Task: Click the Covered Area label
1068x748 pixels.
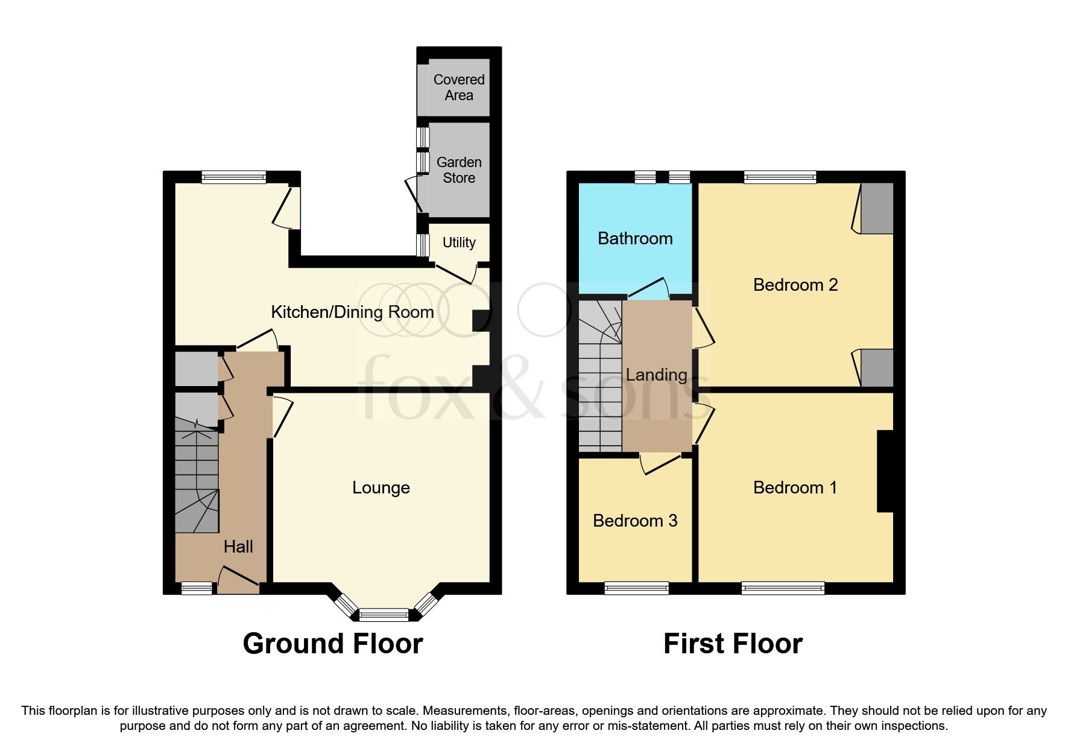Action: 458,87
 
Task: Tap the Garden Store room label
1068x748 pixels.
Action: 458,170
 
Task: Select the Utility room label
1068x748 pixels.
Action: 458,242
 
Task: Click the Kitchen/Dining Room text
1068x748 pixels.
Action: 352,312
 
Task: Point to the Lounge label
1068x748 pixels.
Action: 381,487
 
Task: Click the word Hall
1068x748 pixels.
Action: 238,547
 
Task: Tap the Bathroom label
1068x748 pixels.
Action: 634,238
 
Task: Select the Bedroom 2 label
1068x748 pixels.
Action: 795,285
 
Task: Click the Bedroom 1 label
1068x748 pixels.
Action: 795,487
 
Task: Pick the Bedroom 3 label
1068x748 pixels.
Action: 634,521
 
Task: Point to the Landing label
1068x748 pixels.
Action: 656,375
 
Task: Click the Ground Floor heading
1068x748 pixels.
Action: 332,644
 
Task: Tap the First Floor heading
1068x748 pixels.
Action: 732,644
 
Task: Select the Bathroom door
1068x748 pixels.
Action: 649,288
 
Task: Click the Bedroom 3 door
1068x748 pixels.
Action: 660,465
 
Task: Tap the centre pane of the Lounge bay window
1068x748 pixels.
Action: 384,615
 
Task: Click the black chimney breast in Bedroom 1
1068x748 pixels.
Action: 884,471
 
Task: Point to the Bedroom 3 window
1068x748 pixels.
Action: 636,588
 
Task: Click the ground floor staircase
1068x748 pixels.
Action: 197,483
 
